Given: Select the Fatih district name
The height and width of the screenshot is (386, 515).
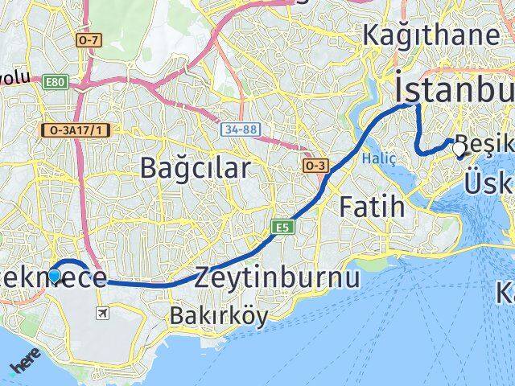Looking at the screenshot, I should [371, 207].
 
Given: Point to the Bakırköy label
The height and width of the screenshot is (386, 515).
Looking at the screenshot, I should [207, 316].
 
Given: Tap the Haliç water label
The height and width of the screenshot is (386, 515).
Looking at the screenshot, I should [378, 158].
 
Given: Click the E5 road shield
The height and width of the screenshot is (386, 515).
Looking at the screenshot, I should [281, 228].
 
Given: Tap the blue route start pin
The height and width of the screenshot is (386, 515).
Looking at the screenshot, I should [54, 276].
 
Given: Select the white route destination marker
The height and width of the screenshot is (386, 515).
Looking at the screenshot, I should [459, 149].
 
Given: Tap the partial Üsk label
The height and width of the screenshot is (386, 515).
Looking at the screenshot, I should [489, 184].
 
